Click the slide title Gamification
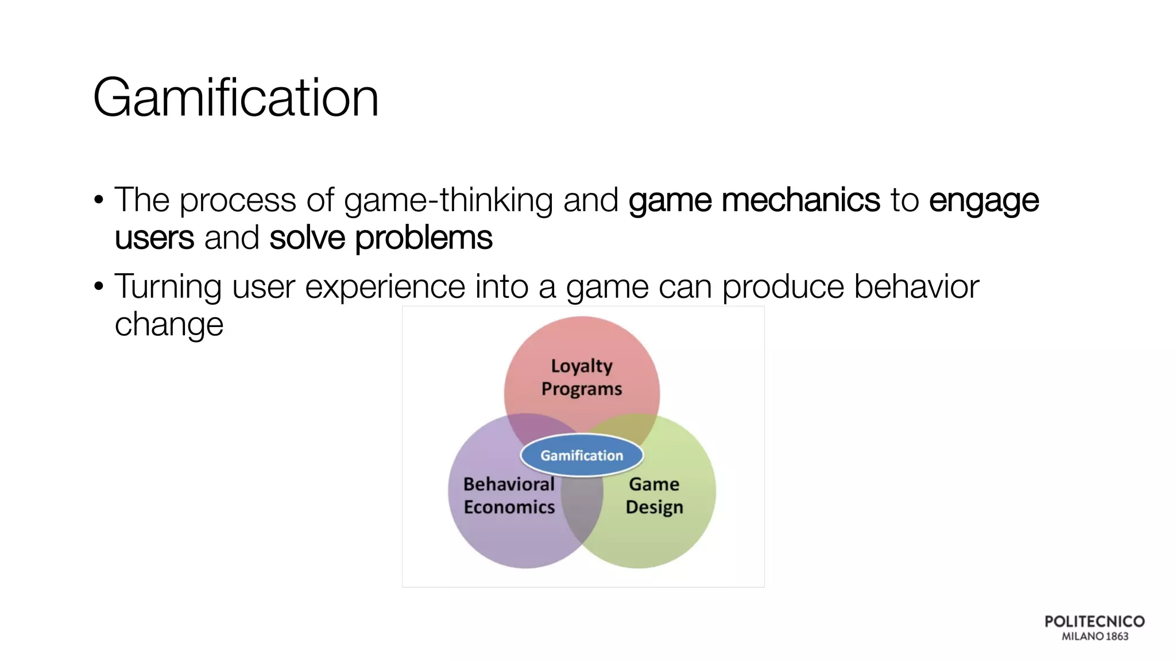point(235,98)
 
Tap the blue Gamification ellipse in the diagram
point(581,456)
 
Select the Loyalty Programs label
point(581,377)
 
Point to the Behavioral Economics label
point(509,496)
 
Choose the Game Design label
point(654,496)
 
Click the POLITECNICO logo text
point(1094,621)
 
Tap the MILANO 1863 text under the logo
point(1094,636)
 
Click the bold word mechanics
point(800,200)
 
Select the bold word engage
point(984,201)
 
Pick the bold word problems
point(423,239)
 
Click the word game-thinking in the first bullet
point(448,201)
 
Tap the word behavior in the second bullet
point(916,286)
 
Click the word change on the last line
point(169,325)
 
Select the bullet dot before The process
point(99,201)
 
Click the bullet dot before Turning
point(99,286)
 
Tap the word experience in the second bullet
point(385,287)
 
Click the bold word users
point(154,238)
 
